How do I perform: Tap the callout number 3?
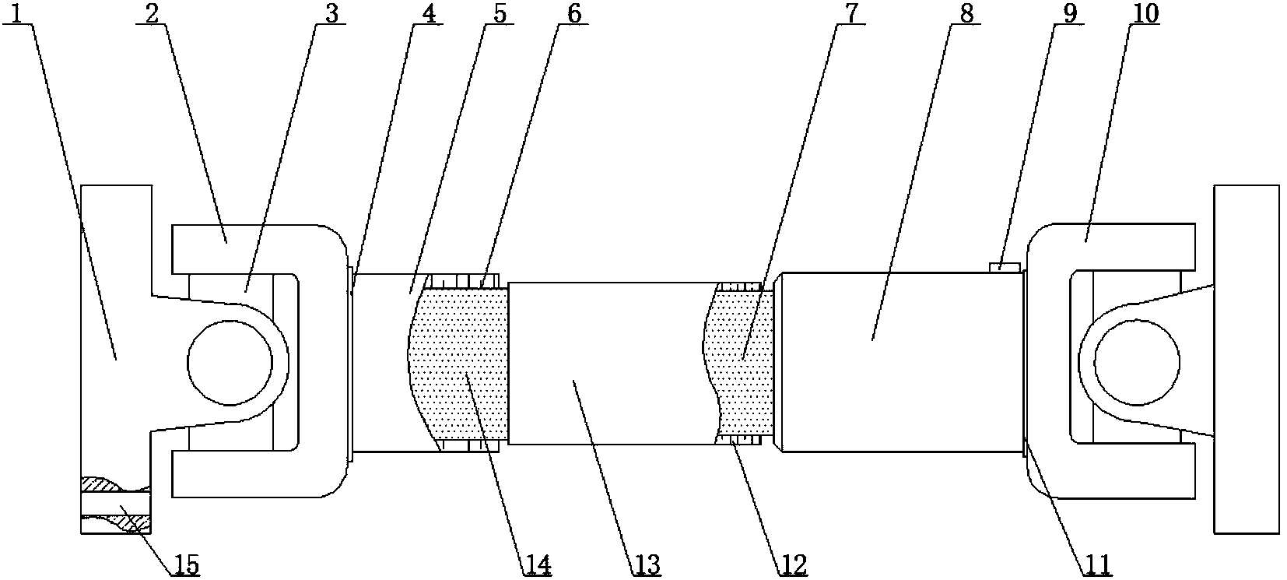pyautogui.click(x=331, y=14)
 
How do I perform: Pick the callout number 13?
pyautogui.click(x=647, y=563)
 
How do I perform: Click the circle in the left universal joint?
pyautogui.click(x=230, y=361)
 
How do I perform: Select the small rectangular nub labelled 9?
pyautogui.click(x=1004, y=268)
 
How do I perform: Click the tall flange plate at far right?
pyautogui.click(x=1246, y=358)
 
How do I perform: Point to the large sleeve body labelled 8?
pyautogui.click(x=899, y=361)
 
